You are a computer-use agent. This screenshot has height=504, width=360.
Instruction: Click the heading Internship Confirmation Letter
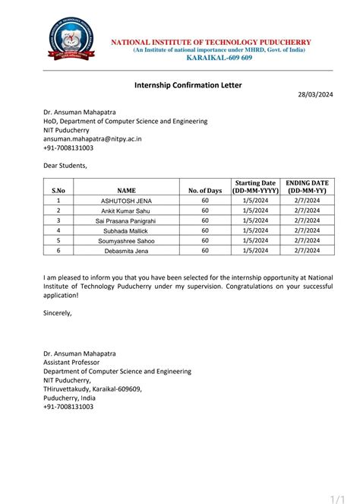(x=188, y=85)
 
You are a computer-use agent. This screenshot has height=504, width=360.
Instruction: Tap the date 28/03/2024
(x=314, y=94)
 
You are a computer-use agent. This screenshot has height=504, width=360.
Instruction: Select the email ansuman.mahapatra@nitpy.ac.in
(x=93, y=139)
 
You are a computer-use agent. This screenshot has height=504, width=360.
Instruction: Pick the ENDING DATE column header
(x=307, y=187)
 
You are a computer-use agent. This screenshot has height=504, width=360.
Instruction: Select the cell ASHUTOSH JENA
(x=126, y=201)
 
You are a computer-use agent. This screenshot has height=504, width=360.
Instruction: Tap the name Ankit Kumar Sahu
(x=126, y=211)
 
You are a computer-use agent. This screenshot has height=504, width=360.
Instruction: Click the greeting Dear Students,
(x=65, y=166)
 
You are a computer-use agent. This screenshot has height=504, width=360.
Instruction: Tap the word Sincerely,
(x=58, y=312)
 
